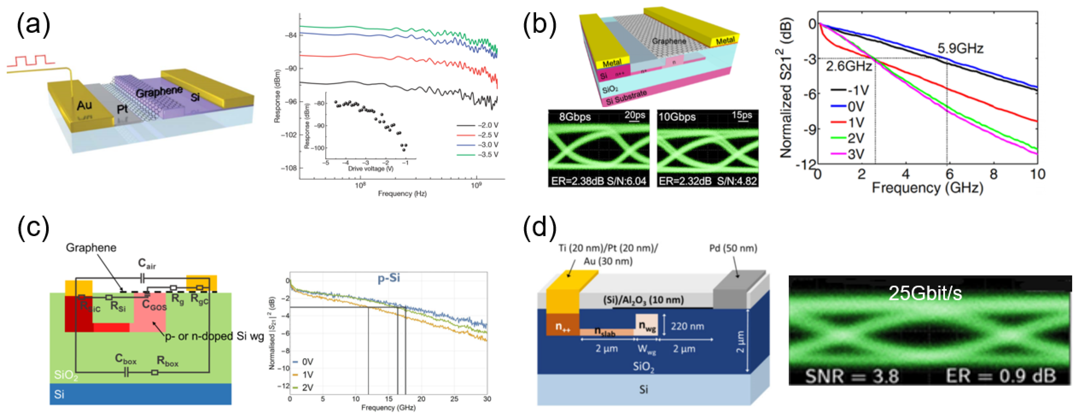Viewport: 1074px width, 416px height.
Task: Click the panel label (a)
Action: (x=33, y=24)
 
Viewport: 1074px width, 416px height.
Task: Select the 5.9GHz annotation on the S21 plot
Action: (x=960, y=49)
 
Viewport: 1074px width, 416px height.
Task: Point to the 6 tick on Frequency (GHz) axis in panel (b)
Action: (x=949, y=174)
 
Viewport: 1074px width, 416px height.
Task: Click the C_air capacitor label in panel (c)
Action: (x=147, y=264)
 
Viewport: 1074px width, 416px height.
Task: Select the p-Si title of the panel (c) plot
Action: (x=389, y=278)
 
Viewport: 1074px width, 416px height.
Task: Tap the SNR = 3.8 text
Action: (x=851, y=376)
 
